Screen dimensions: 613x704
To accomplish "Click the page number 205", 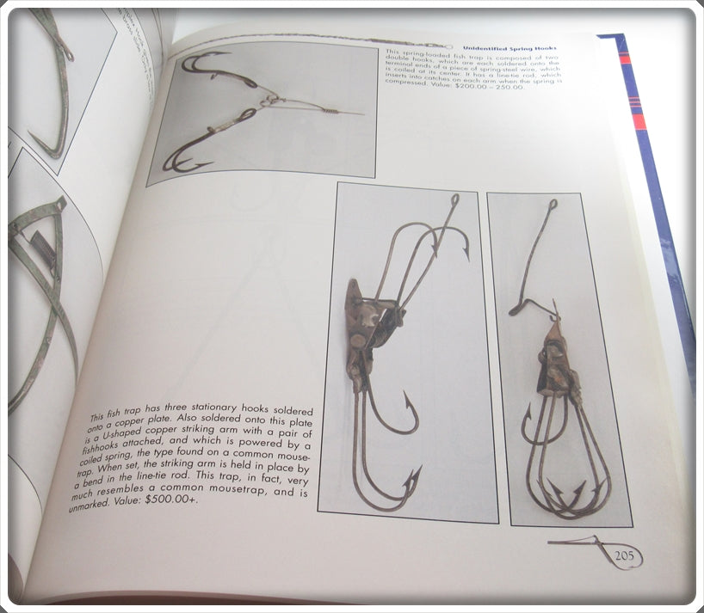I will [x=624, y=556].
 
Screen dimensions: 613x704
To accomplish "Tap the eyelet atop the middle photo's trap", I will [x=454, y=199].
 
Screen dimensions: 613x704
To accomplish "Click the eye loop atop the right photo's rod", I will [x=552, y=204].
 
